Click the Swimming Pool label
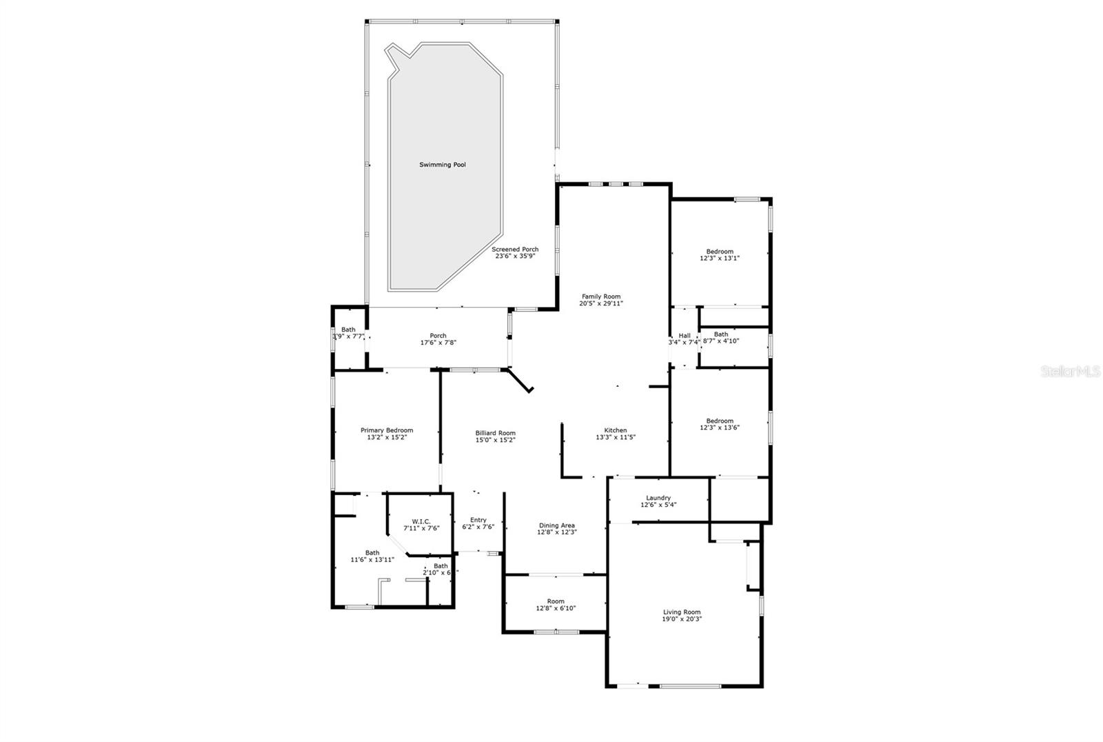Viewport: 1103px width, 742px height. point(443,165)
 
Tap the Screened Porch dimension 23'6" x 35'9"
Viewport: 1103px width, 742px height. point(515,256)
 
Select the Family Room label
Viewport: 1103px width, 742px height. point(601,297)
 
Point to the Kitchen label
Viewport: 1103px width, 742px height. point(616,430)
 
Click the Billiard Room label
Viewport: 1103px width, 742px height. point(495,433)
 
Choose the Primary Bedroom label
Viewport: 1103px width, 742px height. point(387,430)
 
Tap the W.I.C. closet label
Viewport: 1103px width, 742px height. point(421,521)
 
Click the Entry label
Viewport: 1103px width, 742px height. point(478,520)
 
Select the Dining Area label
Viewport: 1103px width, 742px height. point(557,525)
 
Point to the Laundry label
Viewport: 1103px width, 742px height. point(658,498)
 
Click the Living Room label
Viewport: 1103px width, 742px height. point(682,612)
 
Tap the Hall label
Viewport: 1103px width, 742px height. point(685,336)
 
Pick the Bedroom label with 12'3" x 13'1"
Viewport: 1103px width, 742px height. point(720,252)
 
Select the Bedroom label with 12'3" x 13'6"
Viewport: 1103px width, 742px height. point(720,421)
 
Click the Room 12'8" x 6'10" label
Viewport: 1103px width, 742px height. point(556,601)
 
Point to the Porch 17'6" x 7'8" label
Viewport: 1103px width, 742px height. point(438,336)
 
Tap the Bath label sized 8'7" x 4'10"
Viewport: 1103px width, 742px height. point(721,334)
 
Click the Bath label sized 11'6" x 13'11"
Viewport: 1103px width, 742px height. point(372,552)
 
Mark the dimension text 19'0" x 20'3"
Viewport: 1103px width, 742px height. point(682,619)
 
